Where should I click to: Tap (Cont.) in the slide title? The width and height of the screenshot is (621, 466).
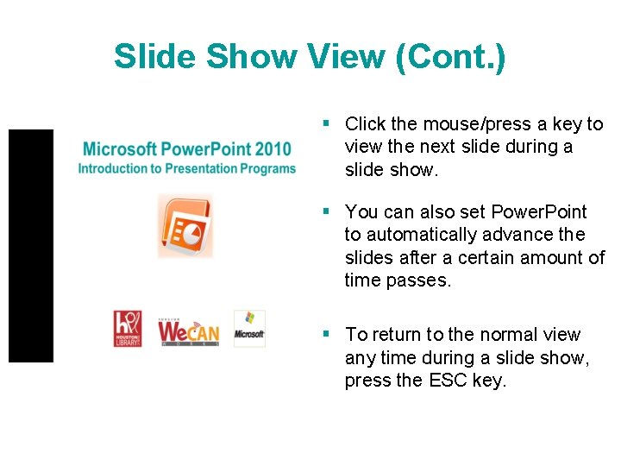449,57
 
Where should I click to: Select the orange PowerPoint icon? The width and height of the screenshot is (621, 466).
185,225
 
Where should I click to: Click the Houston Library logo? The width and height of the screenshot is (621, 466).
127,329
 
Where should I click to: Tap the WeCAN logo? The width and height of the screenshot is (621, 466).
188,331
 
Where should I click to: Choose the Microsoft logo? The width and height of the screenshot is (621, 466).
249,329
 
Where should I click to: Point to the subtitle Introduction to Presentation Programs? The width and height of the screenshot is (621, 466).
186,169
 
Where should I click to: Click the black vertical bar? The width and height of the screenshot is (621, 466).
31,245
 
